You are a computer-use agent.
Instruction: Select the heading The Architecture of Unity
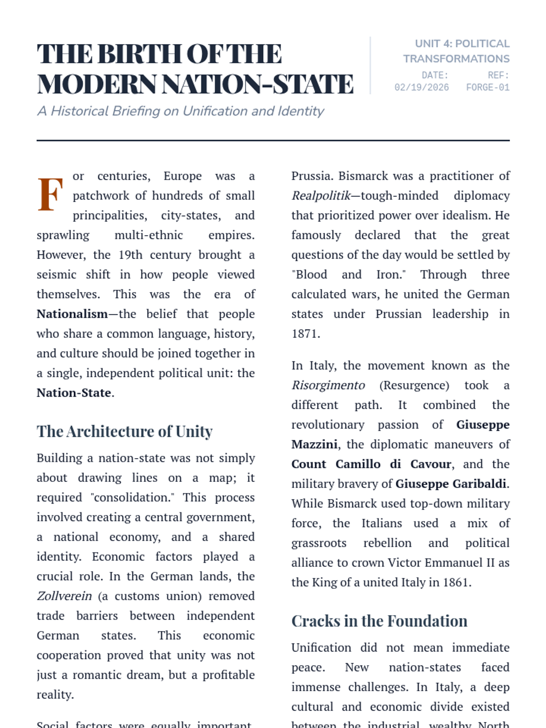[125, 431]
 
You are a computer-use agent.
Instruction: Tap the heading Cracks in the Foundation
[379, 621]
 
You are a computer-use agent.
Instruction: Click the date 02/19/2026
[421, 87]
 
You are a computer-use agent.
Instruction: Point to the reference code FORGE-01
[487, 87]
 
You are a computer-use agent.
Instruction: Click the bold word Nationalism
[72, 314]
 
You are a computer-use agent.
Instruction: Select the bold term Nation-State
[74, 393]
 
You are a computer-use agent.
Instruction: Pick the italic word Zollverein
[64, 596]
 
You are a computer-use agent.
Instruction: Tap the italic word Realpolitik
[321, 196]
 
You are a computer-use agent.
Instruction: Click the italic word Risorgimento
[328, 385]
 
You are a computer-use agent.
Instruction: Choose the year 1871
[305, 334]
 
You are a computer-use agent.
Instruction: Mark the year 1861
[455, 582]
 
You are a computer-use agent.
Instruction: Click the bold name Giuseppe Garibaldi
[450, 484]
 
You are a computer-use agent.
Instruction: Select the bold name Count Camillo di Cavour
[371, 464]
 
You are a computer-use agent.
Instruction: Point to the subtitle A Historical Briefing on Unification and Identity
[180, 111]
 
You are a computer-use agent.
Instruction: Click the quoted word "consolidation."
[133, 497]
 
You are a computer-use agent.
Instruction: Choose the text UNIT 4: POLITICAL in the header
[462, 44]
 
